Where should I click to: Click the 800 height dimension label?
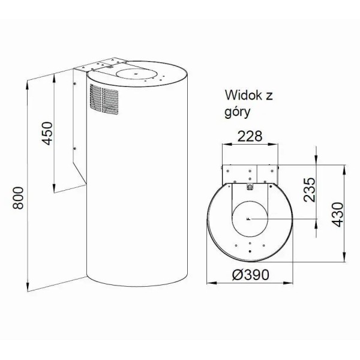tap(18, 198)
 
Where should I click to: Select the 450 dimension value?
tap(47, 133)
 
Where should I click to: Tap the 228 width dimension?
tap(250, 136)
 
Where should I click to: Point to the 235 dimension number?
tap(310, 190)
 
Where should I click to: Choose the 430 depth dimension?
tap(337, 214)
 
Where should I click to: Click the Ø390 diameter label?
tap(250, 275)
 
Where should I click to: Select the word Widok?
tap(244, 95)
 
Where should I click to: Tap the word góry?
tap(238, 112)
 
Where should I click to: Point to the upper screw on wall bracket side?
tap(74, 84)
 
